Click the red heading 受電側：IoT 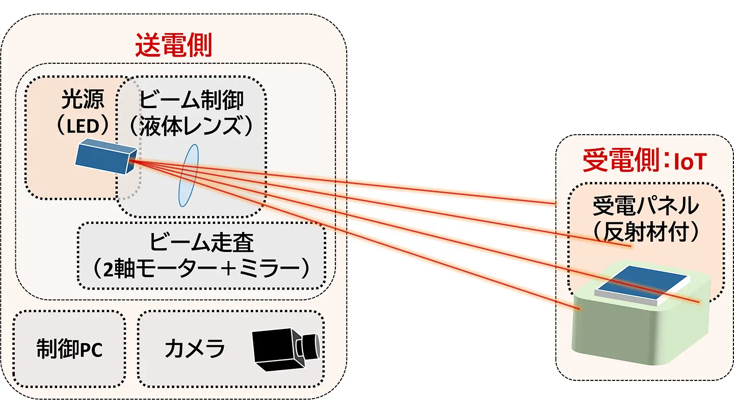pyautogui.click(x=644, y=162)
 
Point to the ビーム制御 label pyautogui.click(x=191, y=100)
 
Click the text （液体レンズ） pyautogui.click(x=191, y=126)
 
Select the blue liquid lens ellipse pyautogui.click(x=188, y=175)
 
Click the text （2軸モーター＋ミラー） pyautogui.click(x=202, y=269)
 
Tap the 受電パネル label pyautogui.click(x=645, y=206)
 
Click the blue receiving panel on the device pyautogui.click(x=643, y=285)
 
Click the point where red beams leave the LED pyautogui.click(x=131, y=161)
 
